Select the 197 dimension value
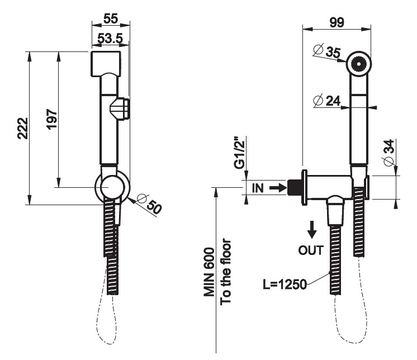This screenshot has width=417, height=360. click(x=51, y=120)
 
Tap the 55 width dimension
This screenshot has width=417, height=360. click(x=111, y=18)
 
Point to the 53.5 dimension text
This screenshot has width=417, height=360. click(x=111, y=39)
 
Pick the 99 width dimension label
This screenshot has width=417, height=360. click(x=337, y=22)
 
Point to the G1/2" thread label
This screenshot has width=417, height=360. click(x=239, y=152)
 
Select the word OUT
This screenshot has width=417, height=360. click(x=311, y=250)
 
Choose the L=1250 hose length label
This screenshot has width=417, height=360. click(x=285, y=285)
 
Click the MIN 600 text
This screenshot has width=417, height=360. click(x=209, y=273)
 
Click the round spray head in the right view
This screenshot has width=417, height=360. click(x=358, y=63)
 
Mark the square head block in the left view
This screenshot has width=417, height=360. click(x=105, y=64)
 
